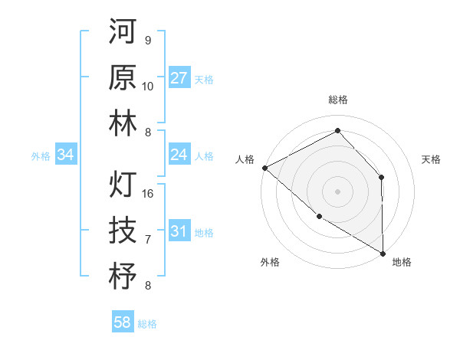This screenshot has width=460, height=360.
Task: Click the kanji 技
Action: pyautogui.click(x=123, y=230)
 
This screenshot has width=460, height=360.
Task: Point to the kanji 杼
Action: pyautogui.click(x=123, y=276)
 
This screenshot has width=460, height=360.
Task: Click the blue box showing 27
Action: pyautogui.click(x=179, y=78)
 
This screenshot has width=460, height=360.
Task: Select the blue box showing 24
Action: pyautogui.click(x=179, y=155)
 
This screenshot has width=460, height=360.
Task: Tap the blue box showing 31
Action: pyautogui.click(x=179, y=231)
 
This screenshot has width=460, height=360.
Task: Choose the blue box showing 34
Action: pyautogui.click(x=66, y=155)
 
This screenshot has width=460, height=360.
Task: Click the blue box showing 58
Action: pyautogui.click(x=123, y=322)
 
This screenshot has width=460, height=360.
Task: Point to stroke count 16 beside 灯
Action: pyautogui.click(x=149, y=194)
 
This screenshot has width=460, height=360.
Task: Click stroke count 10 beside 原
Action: pyautogui.click(x=148, y=87)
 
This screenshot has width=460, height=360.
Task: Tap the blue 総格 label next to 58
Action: pyautogui.click(x=147, y=324)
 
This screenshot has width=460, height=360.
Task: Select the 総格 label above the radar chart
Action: pyautogui.click(x=337, y=100)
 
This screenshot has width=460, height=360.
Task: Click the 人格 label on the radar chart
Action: pyautogui.click(x=245, y=159)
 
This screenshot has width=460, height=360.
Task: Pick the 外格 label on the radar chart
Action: pyautogui.click(x=269, y=262)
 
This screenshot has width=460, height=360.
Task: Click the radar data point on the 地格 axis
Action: pyautogui.click(x=383, y=253)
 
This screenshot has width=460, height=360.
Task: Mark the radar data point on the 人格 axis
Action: pyautogui.click(x=264, y=167)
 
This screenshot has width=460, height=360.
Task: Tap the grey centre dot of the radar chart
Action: pyautogui.click(x=337, y=191)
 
